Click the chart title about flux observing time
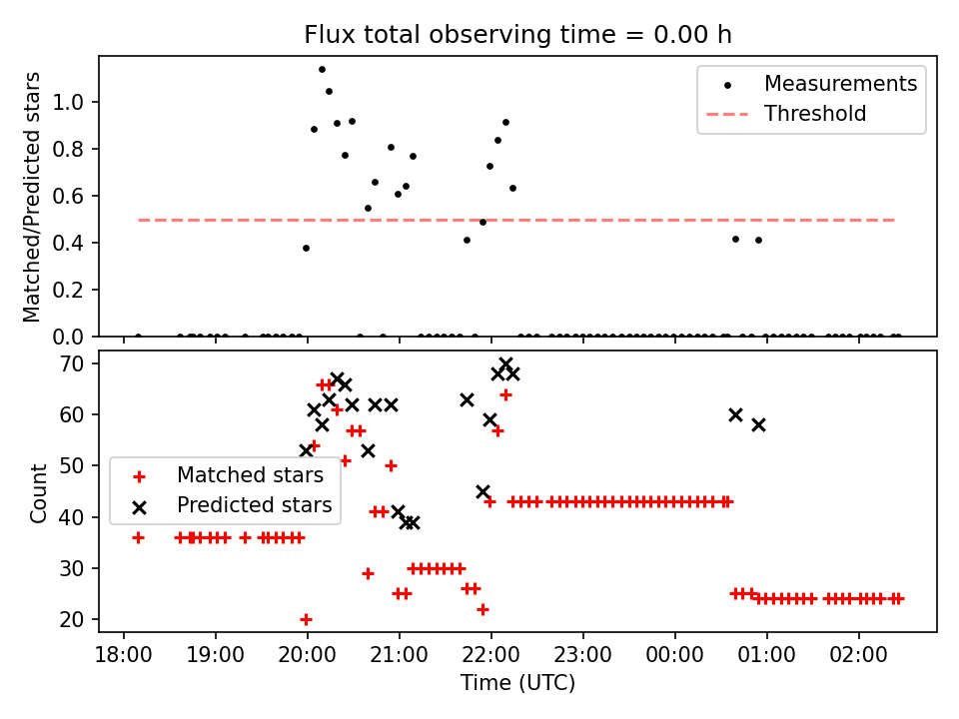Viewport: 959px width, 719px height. pyautogui.click(x=517, y=35)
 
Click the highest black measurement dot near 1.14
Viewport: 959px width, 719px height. pyautogui.click(x=322, y=69)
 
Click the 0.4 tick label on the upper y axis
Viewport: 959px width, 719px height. pyautogui.click(x=76, y=243)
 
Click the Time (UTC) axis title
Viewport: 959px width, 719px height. pyautogui.click(x=517, y=683)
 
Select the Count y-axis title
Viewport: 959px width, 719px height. pyautogui.click(x=39, y=492)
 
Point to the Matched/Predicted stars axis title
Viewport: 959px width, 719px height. pyautogui.click(x=32, y=197)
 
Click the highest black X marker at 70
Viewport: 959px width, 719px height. pyautogui.click(x=505, y=364)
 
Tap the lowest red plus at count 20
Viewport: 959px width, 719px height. pyautogui.click(x=306, y=619)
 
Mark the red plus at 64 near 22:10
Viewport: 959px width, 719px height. pyautogui.click(x=505, y=394)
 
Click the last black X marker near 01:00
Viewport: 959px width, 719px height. pyautogui.click(x=758, y=424)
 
